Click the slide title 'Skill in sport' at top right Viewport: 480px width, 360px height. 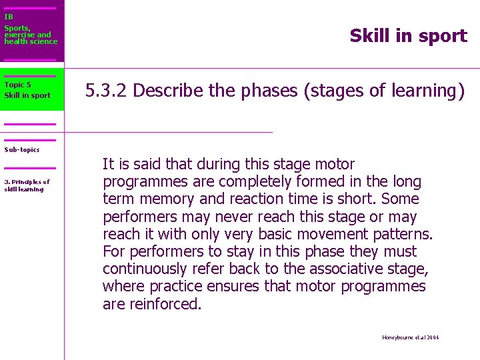tap(408, 36)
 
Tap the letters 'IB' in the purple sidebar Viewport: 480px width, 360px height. tap(8, 17)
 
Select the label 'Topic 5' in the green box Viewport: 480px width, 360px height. tap(17, 85)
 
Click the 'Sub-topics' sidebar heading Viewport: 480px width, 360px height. tap(22, 149)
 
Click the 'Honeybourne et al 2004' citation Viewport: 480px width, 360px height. tap(411, 337)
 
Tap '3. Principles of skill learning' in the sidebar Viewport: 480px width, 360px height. tap(27, 185)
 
